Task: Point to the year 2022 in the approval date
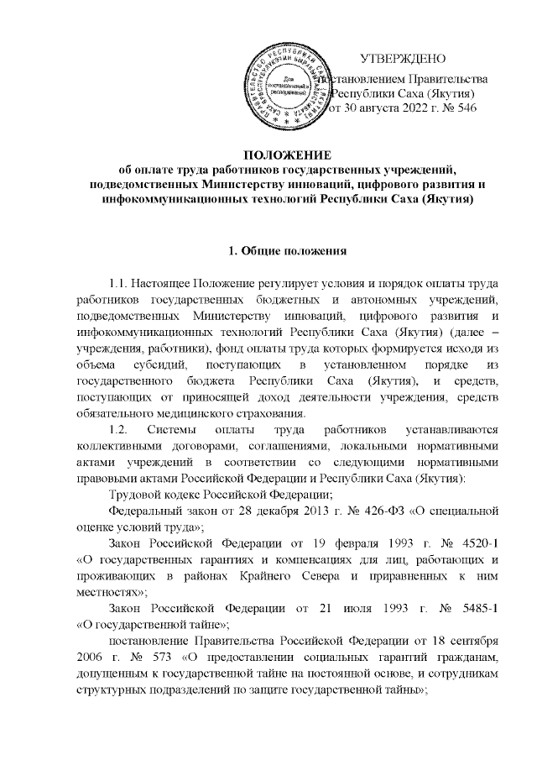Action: click(409, 107)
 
